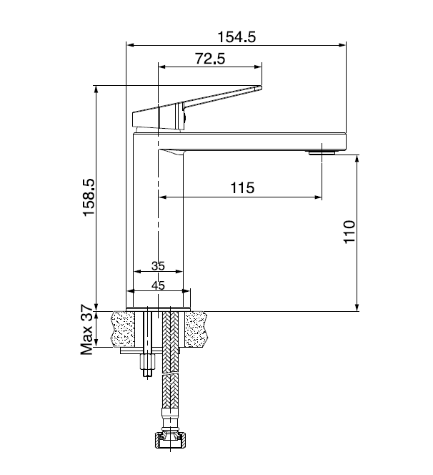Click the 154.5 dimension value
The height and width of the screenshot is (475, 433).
pos(237,37)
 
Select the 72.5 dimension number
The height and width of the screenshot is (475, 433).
pos(210,59)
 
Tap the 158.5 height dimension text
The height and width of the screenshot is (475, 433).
pos(89,197)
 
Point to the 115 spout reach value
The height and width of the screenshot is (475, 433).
pos(242,188)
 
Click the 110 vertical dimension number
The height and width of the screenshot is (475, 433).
pos(349,232)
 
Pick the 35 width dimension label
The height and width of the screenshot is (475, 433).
pos(158,266)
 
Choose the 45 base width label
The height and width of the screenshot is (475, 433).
pos(158,285)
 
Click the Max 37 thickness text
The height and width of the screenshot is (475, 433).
pos(87,330)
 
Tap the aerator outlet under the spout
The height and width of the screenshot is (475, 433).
pos(322,152)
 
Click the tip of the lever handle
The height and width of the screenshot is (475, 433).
pos(261,87)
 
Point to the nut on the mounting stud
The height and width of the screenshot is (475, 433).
pos(148,362)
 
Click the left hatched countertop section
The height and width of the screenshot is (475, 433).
pos(124,329)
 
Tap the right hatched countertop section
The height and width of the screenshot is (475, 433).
pos(196,329)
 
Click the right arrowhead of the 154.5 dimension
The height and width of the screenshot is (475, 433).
pos(342,46)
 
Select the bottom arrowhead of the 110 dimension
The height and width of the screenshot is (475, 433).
pos(357,307)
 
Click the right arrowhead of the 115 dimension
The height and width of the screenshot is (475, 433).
pos(318,197)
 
